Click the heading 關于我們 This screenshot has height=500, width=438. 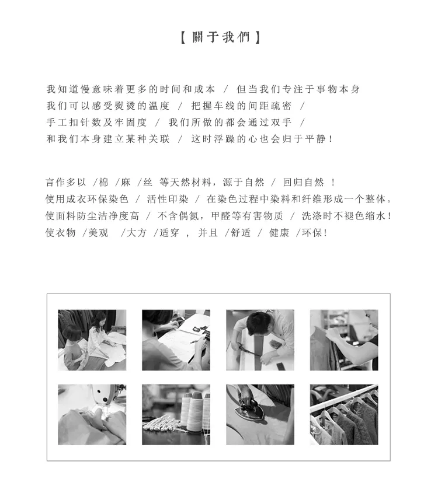pyautogui.click(x=221, y=37)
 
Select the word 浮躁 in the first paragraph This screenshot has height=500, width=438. pyautogui.click(x=224, y=139)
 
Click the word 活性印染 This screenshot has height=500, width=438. pyautogui.click(x=168, y=200)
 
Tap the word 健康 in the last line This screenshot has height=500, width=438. pyautogui.click(x=279, y=233)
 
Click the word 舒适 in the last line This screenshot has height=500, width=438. pyautogui.click(x=241, y=233)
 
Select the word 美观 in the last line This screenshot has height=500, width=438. pyautogui.click(x=98, y=233)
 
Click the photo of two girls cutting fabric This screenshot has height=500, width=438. pyautogui.click(x=92, y=340)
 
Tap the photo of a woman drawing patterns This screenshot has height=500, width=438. pyautogui.click(x=176, y=340)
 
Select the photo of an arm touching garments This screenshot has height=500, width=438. pyautogui.click(x=344, y=340)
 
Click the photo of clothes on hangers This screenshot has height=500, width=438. pyautogui.click(x=344, y=415)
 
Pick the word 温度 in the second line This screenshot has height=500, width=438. pyautogui.click(x=159, y=106)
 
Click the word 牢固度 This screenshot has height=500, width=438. pyautogui.click(x=131, y=123)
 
